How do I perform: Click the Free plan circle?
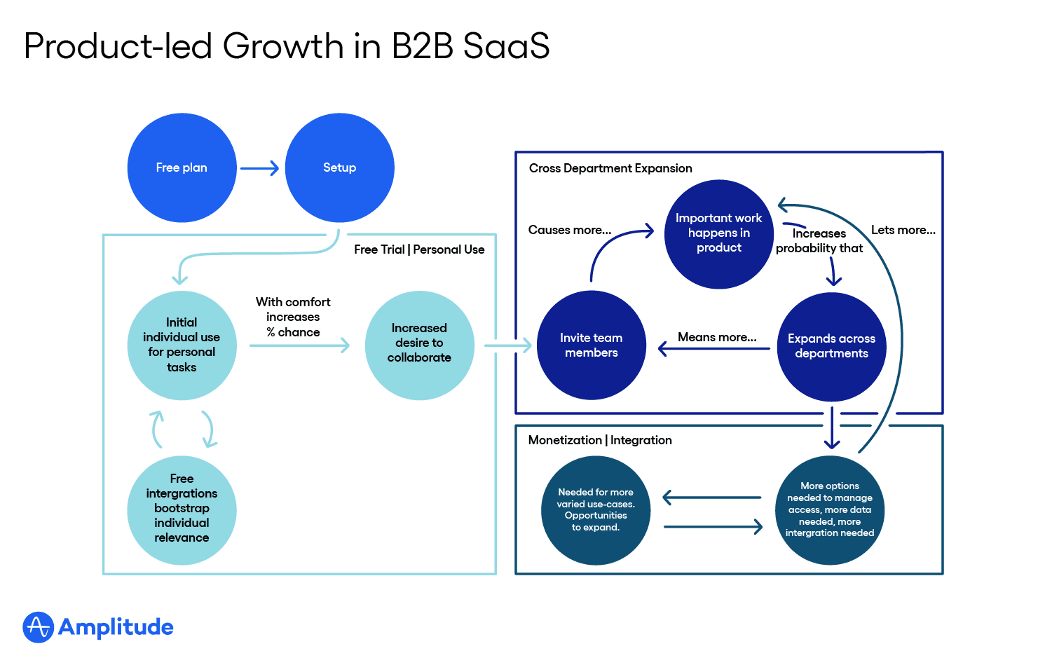point(182,168)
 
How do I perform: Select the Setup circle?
point(340,168)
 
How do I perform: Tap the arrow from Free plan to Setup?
point(259,168)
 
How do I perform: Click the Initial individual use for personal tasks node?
point(182,345)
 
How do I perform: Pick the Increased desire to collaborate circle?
point(419,345)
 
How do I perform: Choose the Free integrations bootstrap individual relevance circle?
point(182,510)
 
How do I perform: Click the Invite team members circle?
point(591,345)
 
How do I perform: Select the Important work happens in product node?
point(718,234)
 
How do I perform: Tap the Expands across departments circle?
point(831,346)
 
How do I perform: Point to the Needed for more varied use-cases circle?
point(596,510)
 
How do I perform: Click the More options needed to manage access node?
point(830,510)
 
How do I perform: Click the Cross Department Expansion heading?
point(610,168)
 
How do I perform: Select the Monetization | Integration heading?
point(600,440)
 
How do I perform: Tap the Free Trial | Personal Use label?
point(419,249)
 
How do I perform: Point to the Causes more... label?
point(570,230)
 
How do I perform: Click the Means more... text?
point(717,337)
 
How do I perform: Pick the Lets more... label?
point(903,230)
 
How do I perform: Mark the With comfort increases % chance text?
point(293,317)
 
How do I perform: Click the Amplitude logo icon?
point(38,627)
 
